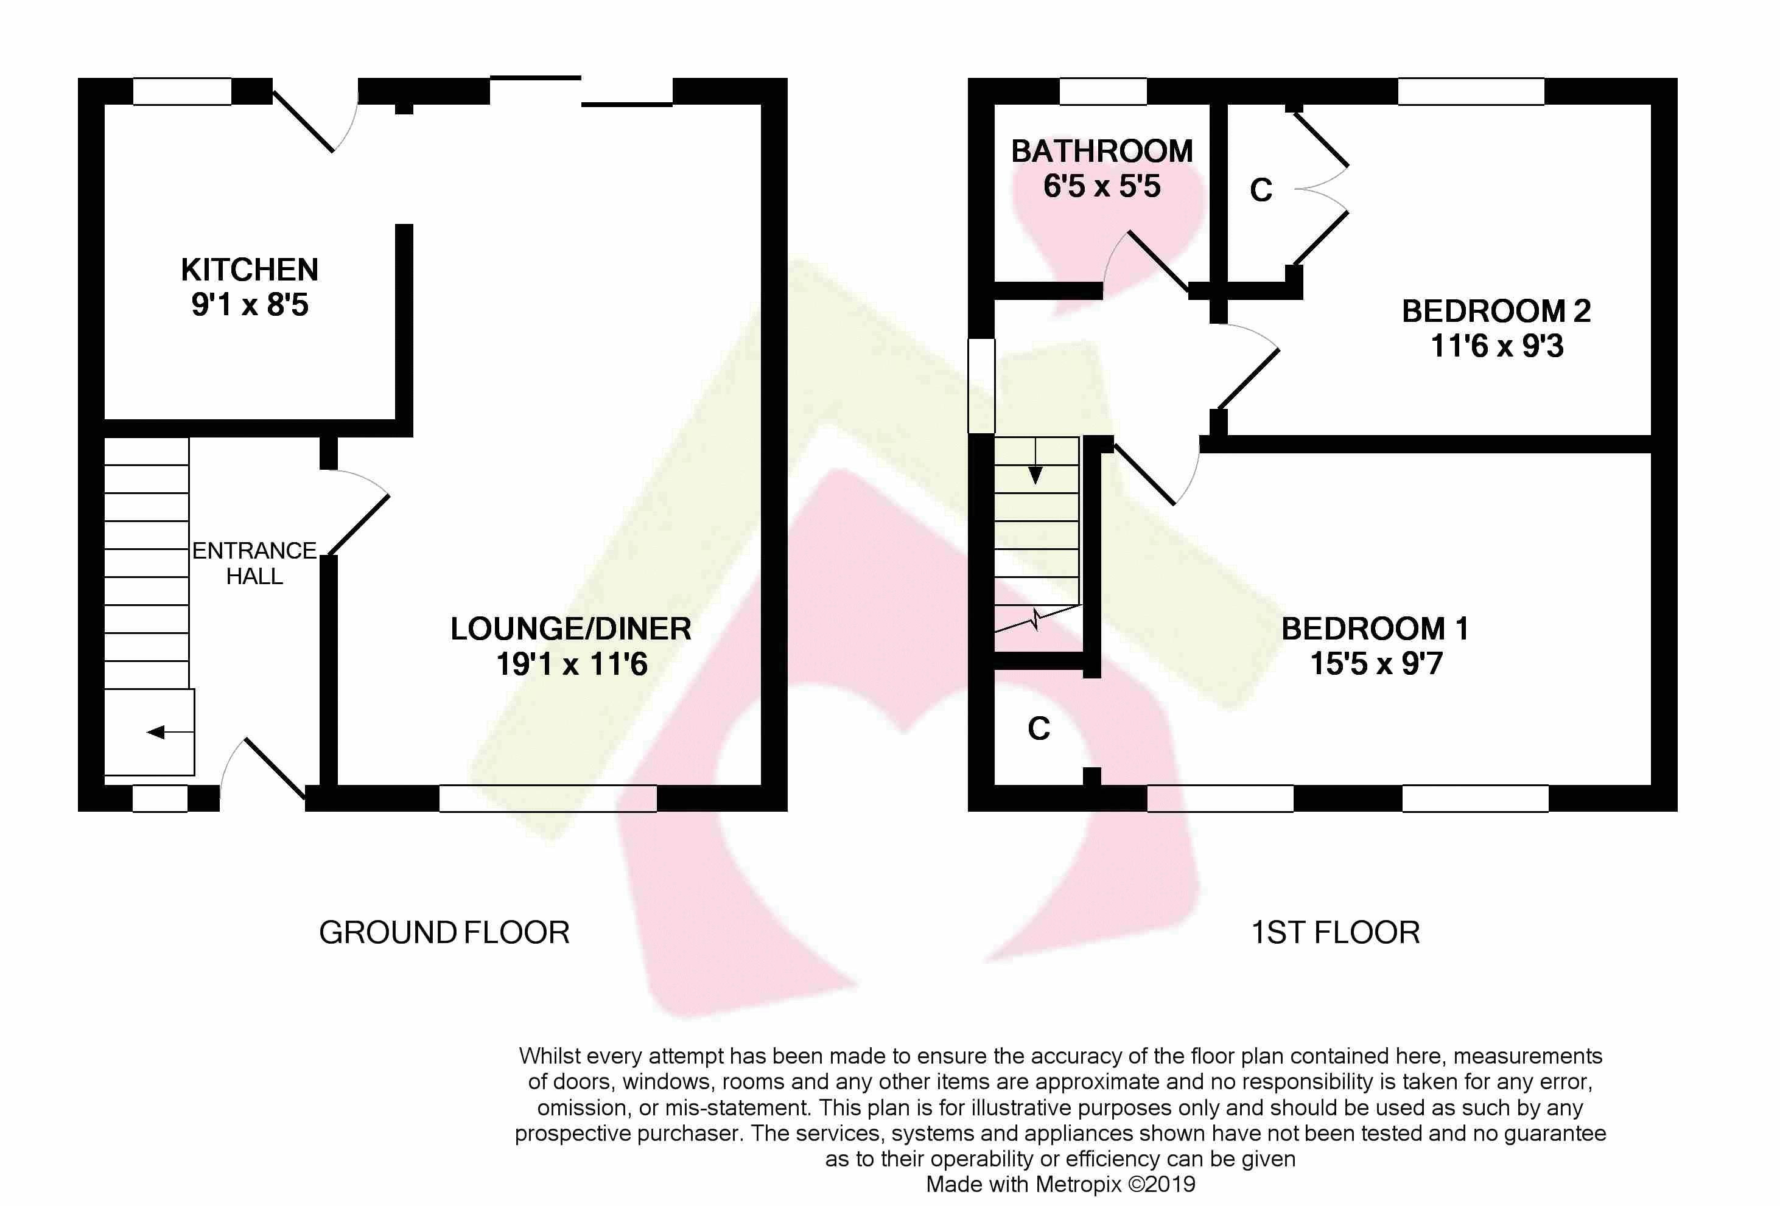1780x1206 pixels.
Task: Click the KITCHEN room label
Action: tap(250, 270)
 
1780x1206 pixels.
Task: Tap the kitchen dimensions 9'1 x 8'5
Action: tap(250, 305)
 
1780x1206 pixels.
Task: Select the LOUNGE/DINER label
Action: tap(570, 629)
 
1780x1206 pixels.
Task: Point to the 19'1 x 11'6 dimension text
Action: tap(572, 664)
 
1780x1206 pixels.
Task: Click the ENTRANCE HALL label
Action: tap(254, 563)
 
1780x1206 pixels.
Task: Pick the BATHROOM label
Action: tap(1102, 152)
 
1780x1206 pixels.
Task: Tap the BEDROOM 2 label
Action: tap(1496, 311)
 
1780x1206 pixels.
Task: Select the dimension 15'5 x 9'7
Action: tap(1376, 664)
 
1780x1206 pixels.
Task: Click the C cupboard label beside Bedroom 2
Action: tap(1261, 190)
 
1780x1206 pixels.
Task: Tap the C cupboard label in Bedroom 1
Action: tap(1039, 729)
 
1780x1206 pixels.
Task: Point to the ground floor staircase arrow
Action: tap(169, 733)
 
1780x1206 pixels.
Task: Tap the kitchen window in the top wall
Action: tap(182, 91)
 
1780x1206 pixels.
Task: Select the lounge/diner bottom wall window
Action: tap(548, 798)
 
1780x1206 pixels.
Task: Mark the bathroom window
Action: tap(1103, 91)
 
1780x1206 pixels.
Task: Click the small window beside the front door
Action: tap(160, 798)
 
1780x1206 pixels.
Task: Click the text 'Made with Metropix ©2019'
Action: tap(1060, 1185)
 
